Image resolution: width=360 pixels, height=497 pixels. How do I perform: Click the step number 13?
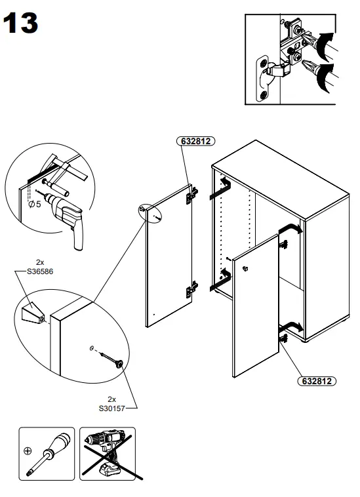click(20, 23)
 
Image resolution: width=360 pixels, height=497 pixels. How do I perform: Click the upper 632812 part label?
click(195, 141)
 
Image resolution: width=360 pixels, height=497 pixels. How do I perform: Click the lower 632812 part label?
click(317, 381)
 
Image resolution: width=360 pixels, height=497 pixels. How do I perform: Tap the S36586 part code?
click(40, 271)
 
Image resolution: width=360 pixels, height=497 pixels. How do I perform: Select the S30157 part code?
click(112, 408)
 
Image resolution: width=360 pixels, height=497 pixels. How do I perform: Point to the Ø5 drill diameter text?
click(35, 204)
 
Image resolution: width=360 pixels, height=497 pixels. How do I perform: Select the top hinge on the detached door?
click(191, 194)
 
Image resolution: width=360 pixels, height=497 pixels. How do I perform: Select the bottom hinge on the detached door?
click(191, 288)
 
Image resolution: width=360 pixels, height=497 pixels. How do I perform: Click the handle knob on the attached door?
click(245, 269)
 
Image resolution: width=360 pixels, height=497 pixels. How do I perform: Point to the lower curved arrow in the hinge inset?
click(325, 78)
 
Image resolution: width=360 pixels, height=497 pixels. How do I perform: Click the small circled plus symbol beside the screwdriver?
click(28, 450)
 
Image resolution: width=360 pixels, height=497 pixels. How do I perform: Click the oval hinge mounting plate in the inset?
click(263, 79)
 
